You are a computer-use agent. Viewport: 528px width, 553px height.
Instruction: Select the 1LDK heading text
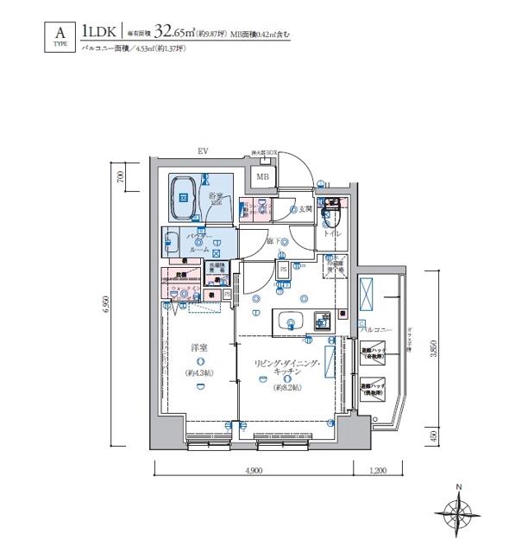[x=100, y=34]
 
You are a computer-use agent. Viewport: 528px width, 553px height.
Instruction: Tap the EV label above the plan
[x=204, y=152]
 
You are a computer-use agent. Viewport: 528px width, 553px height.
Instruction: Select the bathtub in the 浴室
[x=184, y=195]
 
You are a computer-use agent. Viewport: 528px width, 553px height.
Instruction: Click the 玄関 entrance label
[x=302, y=209]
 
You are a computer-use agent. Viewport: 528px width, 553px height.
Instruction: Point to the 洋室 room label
[x=199, y=347]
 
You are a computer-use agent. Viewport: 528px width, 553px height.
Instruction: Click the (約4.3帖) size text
[x=199, y=373]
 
